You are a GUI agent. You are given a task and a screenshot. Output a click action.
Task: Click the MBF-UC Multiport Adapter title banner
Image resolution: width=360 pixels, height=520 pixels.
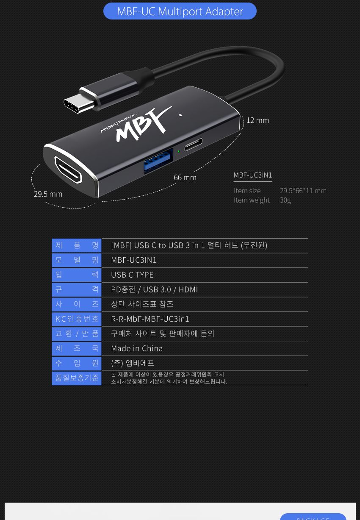coord(180,11)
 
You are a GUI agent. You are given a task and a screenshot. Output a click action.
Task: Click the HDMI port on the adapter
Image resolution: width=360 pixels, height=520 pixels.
coord(68,170)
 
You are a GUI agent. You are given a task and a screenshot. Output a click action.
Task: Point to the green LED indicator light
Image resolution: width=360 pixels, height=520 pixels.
coord(178,151)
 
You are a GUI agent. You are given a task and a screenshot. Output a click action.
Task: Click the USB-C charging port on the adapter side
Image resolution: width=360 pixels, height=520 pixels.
coord(193,144)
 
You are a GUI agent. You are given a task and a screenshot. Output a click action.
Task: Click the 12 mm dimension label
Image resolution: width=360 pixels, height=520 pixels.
coord(258,120)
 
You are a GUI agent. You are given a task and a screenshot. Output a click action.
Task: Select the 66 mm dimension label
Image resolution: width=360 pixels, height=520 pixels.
coord(185,178)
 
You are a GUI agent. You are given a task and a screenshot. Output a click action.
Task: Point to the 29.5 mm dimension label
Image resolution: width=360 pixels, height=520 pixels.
coord(48,194)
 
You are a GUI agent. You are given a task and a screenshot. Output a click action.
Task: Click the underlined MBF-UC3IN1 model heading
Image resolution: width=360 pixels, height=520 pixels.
coord(253,175)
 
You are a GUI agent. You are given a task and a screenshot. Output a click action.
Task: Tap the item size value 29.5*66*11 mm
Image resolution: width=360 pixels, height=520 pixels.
coord(303,191)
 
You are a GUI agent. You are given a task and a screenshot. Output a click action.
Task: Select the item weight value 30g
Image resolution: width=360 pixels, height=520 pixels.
coord(285,200)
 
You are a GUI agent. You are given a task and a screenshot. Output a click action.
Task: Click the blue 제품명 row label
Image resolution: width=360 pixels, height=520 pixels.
coord(77,245)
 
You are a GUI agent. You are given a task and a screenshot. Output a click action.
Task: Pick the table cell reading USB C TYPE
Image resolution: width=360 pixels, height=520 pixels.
coord(132,275)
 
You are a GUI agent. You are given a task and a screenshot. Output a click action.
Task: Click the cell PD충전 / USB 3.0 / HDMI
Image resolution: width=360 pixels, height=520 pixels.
coord(154,289)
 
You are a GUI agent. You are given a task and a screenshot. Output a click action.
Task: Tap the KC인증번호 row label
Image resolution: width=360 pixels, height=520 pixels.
coord(77,319)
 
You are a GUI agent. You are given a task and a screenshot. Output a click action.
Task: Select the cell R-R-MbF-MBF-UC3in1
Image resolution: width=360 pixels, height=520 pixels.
coord(150,319)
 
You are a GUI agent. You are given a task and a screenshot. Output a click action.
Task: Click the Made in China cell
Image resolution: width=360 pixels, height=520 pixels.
coord(137,348)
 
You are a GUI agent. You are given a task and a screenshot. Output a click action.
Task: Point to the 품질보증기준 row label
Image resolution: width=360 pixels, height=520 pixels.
coord(77,378)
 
